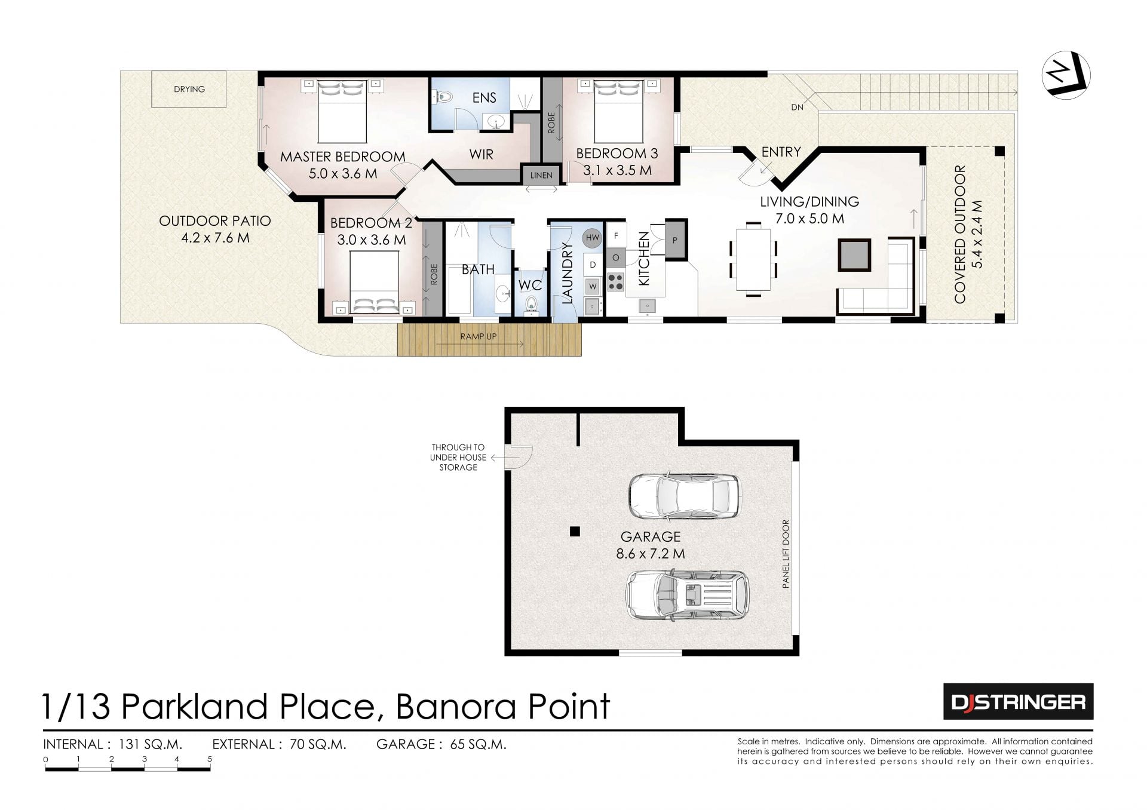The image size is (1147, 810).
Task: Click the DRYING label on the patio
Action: click(x=189, y=89)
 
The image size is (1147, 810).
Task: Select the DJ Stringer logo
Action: click(x=1018, y=701)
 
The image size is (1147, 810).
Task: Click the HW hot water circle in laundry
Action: click(x=592, y=238)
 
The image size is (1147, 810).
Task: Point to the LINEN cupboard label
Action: click(x=541, y=176)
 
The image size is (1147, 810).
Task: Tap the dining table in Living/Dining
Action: click(x=753, y=259)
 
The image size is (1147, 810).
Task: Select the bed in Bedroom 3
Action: click(x=618, y=111)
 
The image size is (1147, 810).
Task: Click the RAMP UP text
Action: click(x=478, y=336)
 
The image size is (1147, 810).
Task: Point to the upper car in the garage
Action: click(x=684, y=496)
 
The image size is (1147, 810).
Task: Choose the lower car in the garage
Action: click(x=687, y=595)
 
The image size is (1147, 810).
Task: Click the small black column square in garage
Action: click(x=575, y=531)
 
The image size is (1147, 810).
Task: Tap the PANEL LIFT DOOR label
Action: click(x=786, y=554)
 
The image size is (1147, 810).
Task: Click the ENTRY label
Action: click(x=781, y=152)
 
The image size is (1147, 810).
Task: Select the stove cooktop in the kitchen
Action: click(x=615, y=281)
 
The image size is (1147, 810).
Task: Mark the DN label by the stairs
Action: click(x=797, y=108)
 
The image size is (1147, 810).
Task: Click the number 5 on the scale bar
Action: click(x=210, y=759)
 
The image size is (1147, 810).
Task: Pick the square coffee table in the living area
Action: click(x=855, y=254)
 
